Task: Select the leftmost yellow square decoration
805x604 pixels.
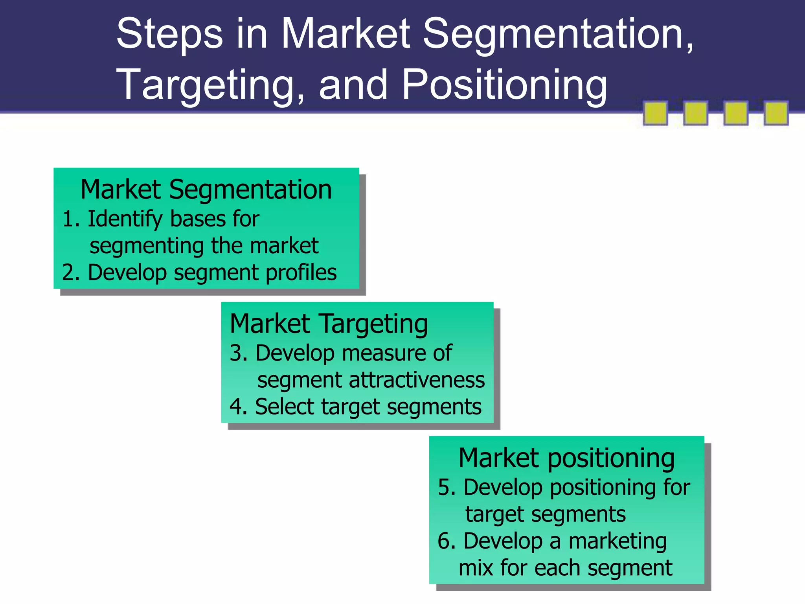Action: pyautogui.click(x=655, y=113)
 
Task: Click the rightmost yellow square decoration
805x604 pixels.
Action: pyautogui.click(x=776, y=113)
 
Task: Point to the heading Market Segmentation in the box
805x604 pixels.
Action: pyautogui.click(x=206, y=190)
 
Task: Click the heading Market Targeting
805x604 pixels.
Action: pyautogui.click(x=329, y=324)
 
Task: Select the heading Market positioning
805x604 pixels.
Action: pyautogui.click(x=566, y=459)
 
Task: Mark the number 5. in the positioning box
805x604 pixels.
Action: pyautogui.click(x=447, y=488)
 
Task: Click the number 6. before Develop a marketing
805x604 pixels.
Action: pyautogui.click(x=447, y=541)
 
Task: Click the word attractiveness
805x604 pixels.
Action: pyautogui.click(x=417, y=380)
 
